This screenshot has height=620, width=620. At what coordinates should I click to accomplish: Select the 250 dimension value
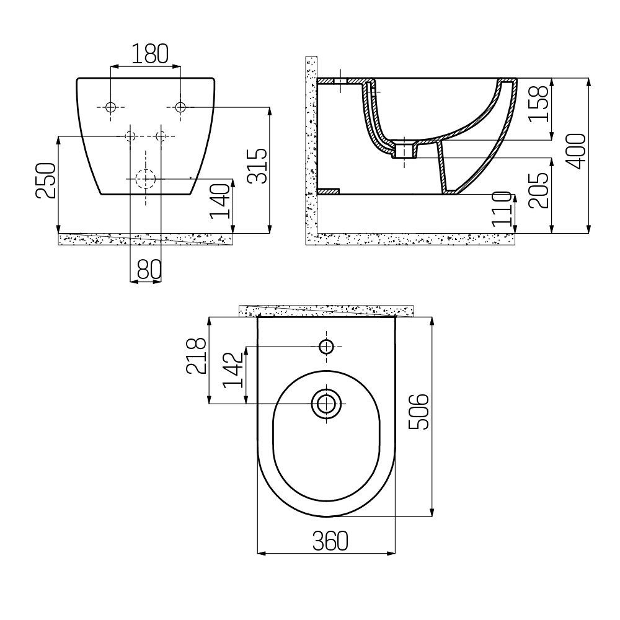coord(46,180)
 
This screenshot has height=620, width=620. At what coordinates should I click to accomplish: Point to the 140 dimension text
coord(220,200)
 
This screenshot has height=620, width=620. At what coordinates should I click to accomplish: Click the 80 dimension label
coord(146,269)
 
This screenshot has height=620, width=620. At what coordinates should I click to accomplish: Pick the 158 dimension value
coord(541,102)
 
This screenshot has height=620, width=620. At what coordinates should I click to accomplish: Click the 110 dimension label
coord(503,210)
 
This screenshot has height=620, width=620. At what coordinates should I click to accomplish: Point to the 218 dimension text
coord(197,356)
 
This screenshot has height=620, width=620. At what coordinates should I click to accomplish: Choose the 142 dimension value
coord(232,371)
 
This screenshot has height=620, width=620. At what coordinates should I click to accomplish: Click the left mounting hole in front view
coord(110,107)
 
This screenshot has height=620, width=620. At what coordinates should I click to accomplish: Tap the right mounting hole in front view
coord(180,107)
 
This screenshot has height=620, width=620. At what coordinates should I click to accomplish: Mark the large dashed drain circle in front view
coord(145,179)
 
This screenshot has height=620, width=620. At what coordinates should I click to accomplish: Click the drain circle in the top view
coord(326,404)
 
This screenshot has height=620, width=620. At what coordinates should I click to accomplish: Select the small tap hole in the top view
coord(326,347)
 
